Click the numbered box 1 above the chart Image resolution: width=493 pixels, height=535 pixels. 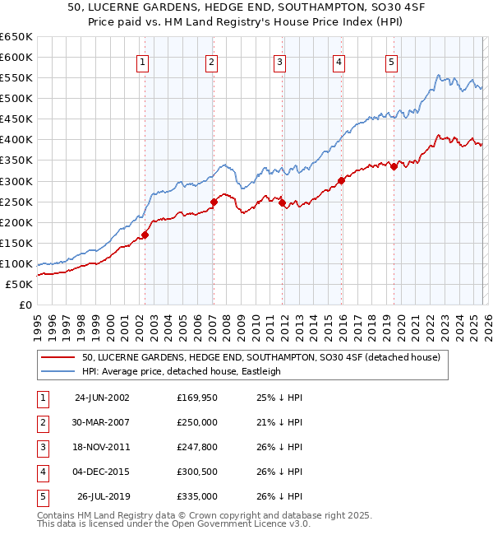click(143, 62)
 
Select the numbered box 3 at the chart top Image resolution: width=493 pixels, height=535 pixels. click(280, 62)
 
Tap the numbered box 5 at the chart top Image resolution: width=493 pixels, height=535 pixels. click(391, 62)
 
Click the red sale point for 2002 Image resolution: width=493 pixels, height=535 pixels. click(145, 235)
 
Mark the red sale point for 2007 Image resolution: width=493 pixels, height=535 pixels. click(214, 202)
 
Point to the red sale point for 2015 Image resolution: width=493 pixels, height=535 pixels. click(340, 181)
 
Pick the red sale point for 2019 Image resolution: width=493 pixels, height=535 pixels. click(394, 166)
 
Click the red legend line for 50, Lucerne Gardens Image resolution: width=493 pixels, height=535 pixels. click(58, 357)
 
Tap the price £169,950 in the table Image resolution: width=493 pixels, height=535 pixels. click(197, 398)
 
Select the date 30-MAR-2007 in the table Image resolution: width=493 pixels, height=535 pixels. click(102, 422)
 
